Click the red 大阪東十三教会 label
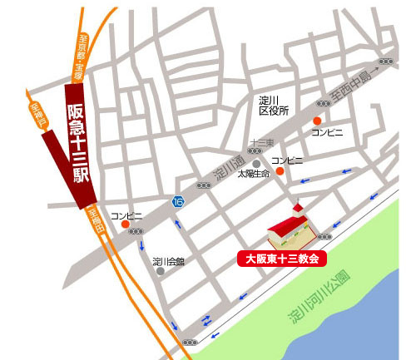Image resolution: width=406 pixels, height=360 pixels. point(283,258)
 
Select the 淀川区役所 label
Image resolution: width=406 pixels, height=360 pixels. point(273,105)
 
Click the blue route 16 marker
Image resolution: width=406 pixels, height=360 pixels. point(178,202)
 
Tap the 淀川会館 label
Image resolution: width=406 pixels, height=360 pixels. point(168,261)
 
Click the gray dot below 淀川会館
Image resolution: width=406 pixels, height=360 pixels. point(161,272)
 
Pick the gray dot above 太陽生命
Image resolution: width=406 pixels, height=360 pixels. point(243,162)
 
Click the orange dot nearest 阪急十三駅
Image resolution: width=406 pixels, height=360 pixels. point(125,224)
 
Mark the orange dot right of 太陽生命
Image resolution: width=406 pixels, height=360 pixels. point(280,171)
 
